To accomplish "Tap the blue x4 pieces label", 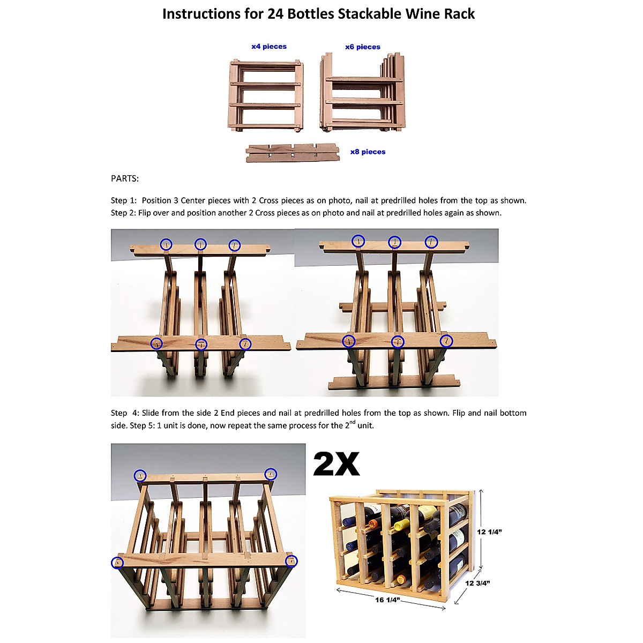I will pyautogui.click(x=269, y=47).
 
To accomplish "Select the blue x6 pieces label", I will pyautogui.click(x=363, y=47).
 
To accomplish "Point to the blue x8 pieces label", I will pyautogui.click(x=368, y=152).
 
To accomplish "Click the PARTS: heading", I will pyautogui.click(x=125, y=178).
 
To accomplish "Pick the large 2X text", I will pyautogui.click(x=336, y=464).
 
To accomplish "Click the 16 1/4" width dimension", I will pyautogui.click(x=387, y=600).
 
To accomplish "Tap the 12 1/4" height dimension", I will pyautogui.click(x=489, y=532).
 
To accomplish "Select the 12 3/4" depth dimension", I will pyautogui.click(x=477, y=583).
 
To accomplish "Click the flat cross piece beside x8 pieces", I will pyautogui.click(x=292, y=153).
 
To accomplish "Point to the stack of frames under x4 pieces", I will pyautogui.click(x=266, y=96).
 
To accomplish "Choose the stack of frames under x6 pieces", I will pyautogui.click(x=362, y=92).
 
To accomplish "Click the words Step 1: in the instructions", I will pyautogui.click(x=124, y=200).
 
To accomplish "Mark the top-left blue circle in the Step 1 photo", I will pyautogui.click(x=167, y=244).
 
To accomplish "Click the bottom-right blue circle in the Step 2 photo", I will pyautogui.click(x=446, y=341).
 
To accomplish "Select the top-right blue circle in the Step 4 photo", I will pyautogui.click(x=271, y=474).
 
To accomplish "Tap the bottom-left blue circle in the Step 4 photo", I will pyautogui.click(x=117, y=563).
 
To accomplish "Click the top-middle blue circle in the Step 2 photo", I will pyautogui.click(x=394, y=242).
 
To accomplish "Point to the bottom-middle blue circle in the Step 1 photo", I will pyautogui.click(x=201, y=344).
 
